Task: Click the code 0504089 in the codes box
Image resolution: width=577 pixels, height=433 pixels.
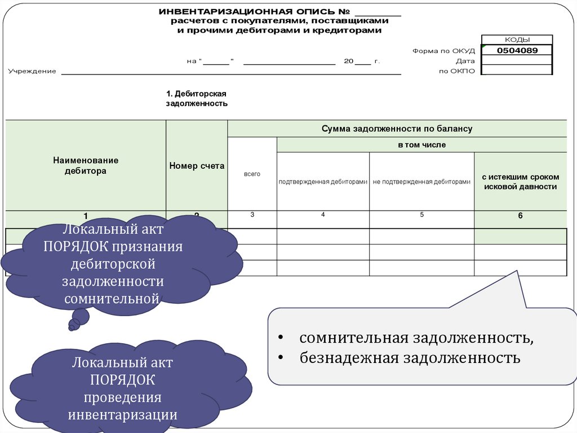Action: click(x=517, y=50)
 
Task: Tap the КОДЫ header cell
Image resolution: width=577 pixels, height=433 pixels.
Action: click(x=517, y=40)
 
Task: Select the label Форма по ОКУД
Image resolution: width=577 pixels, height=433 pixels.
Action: click(x=443, y=51)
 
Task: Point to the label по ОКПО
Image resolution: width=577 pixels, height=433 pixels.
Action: click(x=456, y=71)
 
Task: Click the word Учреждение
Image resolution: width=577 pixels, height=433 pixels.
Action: click(x=32, y=71)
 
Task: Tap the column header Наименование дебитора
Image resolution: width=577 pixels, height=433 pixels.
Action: click(x=86, y=165)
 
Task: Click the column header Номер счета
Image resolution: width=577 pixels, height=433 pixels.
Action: click(x=197, y=166)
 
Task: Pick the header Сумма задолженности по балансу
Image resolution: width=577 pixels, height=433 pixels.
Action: click(x=397, y=129)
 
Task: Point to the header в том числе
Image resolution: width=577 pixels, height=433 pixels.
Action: click(x=421, y=145)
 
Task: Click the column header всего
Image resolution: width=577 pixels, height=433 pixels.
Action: click(x=252, y=174)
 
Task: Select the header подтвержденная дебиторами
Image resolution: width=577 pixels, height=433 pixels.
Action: click(x=323, y=182)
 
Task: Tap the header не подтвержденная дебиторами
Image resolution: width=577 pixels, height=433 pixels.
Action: click(x=421, y=182)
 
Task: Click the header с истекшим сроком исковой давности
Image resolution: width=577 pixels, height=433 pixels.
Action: click(x=520, y=182)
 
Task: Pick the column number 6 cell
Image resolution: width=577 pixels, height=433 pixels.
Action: click(x=520, y=216)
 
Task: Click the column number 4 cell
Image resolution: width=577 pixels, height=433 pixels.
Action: click(x=323, y=215)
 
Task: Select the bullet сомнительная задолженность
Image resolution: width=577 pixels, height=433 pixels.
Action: click(x=416, y=338)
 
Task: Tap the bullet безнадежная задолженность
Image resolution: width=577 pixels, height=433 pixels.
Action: click(x=410, y=357)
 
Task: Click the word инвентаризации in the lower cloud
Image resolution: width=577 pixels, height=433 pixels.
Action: click(x=123, y=415)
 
